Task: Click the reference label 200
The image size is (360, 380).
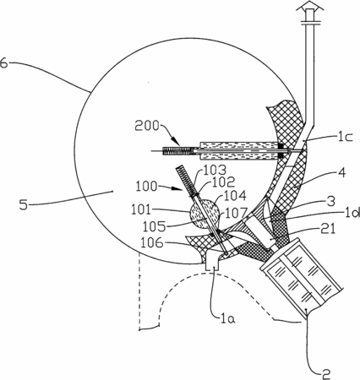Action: click(x=147, y=126)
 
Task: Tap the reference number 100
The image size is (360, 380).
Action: click(x=146, y=186)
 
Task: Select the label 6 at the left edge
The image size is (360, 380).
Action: click(x=3, y=62)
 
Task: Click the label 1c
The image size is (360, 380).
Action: click(x=345, y=137)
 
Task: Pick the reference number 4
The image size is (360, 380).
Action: click(x=341, y=173)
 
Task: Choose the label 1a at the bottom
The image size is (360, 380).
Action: click(x=228, y=318)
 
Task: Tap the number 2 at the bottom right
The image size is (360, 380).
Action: click(x=325, y=374)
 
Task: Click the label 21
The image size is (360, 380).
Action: click(x=329, y=229)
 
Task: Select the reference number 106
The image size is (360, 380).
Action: click(x=152, y=242)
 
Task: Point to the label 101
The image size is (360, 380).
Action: click(x=142, y=209)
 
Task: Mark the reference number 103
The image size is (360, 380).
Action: click(x=215, y=171)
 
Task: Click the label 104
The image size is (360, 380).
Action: click(x=235, y=195)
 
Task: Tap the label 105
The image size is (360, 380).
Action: click(x=154, y=226)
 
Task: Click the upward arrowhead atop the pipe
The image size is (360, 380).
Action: click(x=309, y=5)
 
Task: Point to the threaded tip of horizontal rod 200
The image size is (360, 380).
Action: click(x=177, y=151)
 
